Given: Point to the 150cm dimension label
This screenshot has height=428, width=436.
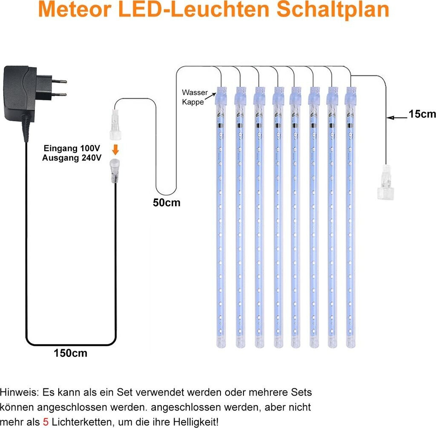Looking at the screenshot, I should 70,353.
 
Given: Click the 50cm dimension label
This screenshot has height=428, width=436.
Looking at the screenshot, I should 166,203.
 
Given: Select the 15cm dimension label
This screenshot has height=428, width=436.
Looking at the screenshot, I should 422,114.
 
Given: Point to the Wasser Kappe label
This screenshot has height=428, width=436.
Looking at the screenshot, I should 195,97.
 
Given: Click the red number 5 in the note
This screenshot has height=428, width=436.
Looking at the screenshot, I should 46,422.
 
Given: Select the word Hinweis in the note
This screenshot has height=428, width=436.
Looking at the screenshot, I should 16,391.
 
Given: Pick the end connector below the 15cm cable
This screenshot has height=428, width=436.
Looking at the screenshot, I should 385,184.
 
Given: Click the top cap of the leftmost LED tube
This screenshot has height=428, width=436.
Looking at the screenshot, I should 221,95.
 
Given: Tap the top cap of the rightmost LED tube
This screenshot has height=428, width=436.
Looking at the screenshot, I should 351,95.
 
